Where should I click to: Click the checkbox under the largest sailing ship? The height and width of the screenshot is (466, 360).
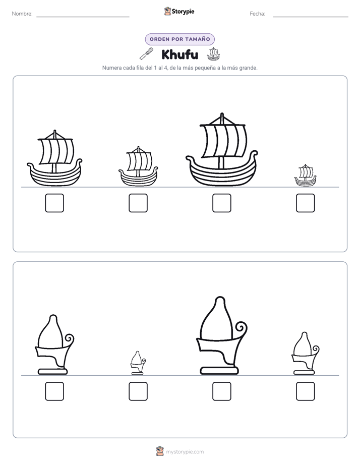221,203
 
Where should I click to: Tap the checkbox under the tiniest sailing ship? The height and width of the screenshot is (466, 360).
306,203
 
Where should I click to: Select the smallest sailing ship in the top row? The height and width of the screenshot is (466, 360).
306,176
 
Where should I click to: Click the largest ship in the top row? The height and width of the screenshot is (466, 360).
221,150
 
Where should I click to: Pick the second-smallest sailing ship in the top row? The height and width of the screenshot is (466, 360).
138,166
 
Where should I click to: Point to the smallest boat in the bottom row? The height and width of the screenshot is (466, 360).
138,363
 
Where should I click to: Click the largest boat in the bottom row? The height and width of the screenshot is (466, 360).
221,335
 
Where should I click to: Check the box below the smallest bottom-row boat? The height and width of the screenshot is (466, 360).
138,391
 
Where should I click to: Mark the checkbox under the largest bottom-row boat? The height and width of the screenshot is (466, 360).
221,391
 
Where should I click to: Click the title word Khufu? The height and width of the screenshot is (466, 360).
179,54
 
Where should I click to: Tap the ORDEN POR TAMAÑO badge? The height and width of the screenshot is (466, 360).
179,39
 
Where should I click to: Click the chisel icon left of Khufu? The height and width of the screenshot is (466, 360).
147,54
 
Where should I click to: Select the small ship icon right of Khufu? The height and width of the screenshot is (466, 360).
213,54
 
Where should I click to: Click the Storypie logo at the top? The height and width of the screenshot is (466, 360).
179,12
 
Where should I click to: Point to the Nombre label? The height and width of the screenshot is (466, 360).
22,14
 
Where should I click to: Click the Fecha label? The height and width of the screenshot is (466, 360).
257,14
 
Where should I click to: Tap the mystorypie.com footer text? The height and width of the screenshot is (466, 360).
185,452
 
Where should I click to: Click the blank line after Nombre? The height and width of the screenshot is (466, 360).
83,17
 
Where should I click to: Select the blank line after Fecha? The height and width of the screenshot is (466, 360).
311,17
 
